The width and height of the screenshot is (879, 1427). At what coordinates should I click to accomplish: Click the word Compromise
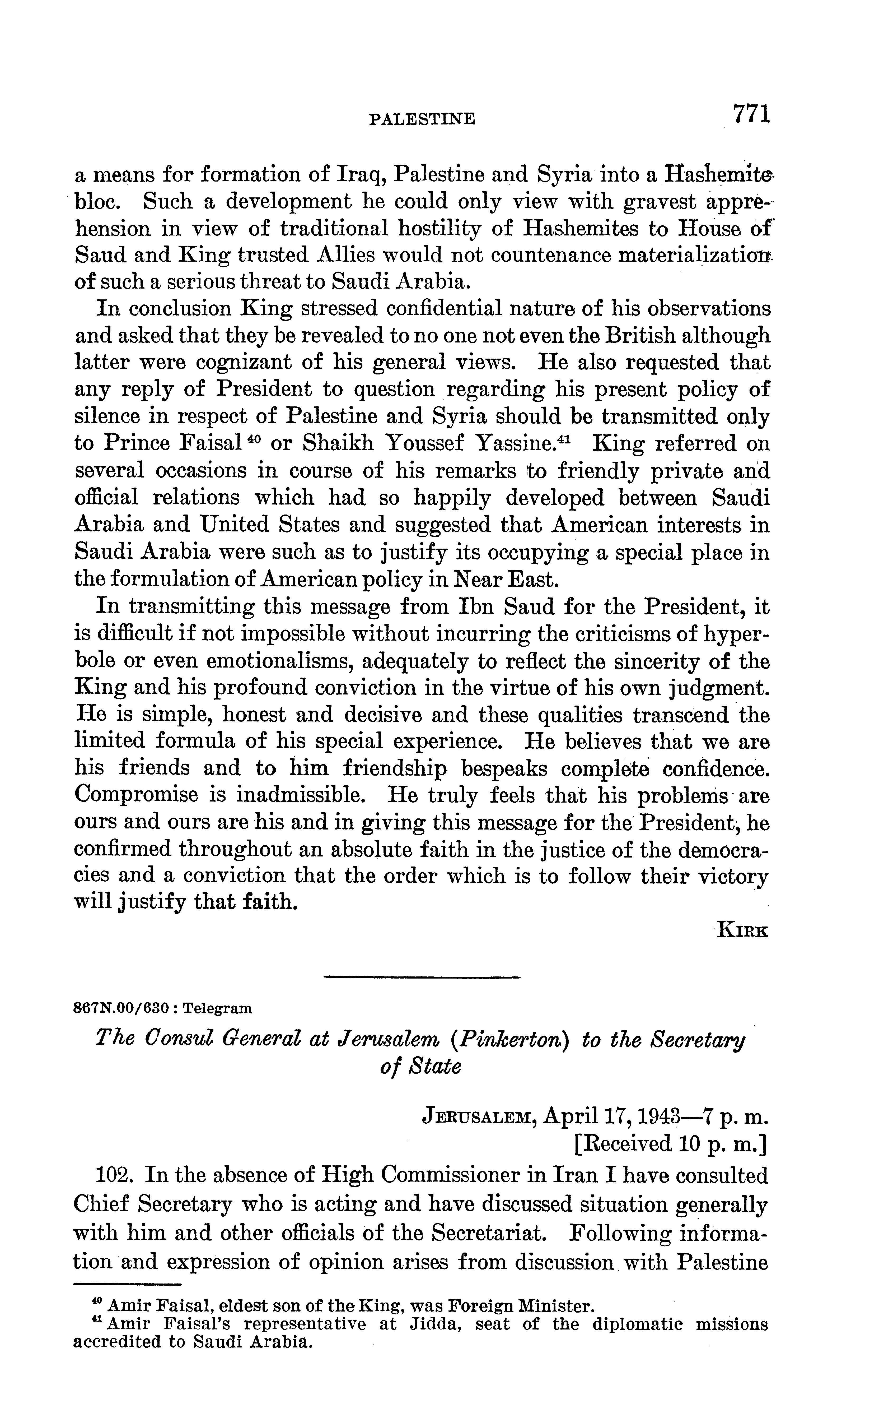coord(144,795)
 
